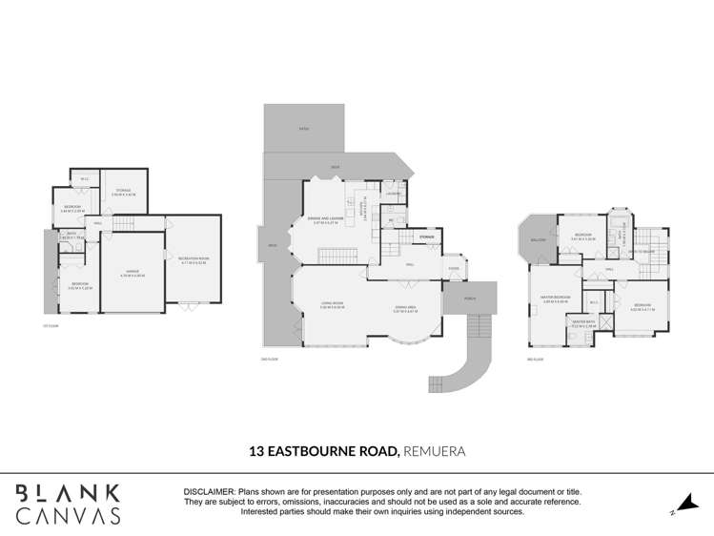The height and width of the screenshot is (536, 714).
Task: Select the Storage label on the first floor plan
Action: [x=125, y=192]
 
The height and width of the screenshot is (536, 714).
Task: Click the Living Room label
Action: [x=331, y=306]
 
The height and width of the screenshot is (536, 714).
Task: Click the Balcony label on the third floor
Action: [x=538, y=239]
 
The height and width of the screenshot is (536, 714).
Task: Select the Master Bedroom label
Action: [x=557, y=298]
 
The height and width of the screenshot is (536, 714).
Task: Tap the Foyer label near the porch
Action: [x=454, y=268]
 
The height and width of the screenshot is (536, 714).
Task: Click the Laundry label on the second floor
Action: [x=393, y=194]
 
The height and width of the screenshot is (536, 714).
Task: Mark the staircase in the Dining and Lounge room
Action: [x=337, y=255]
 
